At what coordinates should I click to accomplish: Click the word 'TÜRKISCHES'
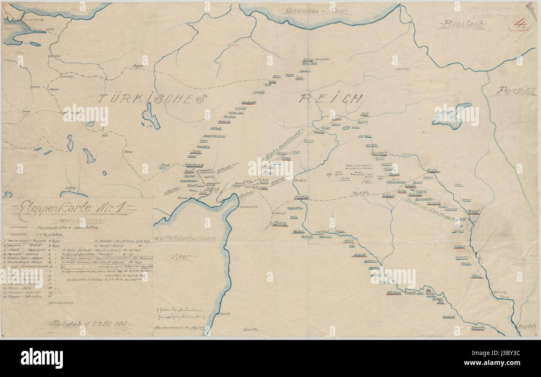click(x=152, y=99)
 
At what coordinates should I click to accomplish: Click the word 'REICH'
click(x=331, y=99)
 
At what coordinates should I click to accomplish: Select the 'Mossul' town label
click(x=473, y=211)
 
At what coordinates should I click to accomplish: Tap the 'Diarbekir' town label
click(x=379, y=153)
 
